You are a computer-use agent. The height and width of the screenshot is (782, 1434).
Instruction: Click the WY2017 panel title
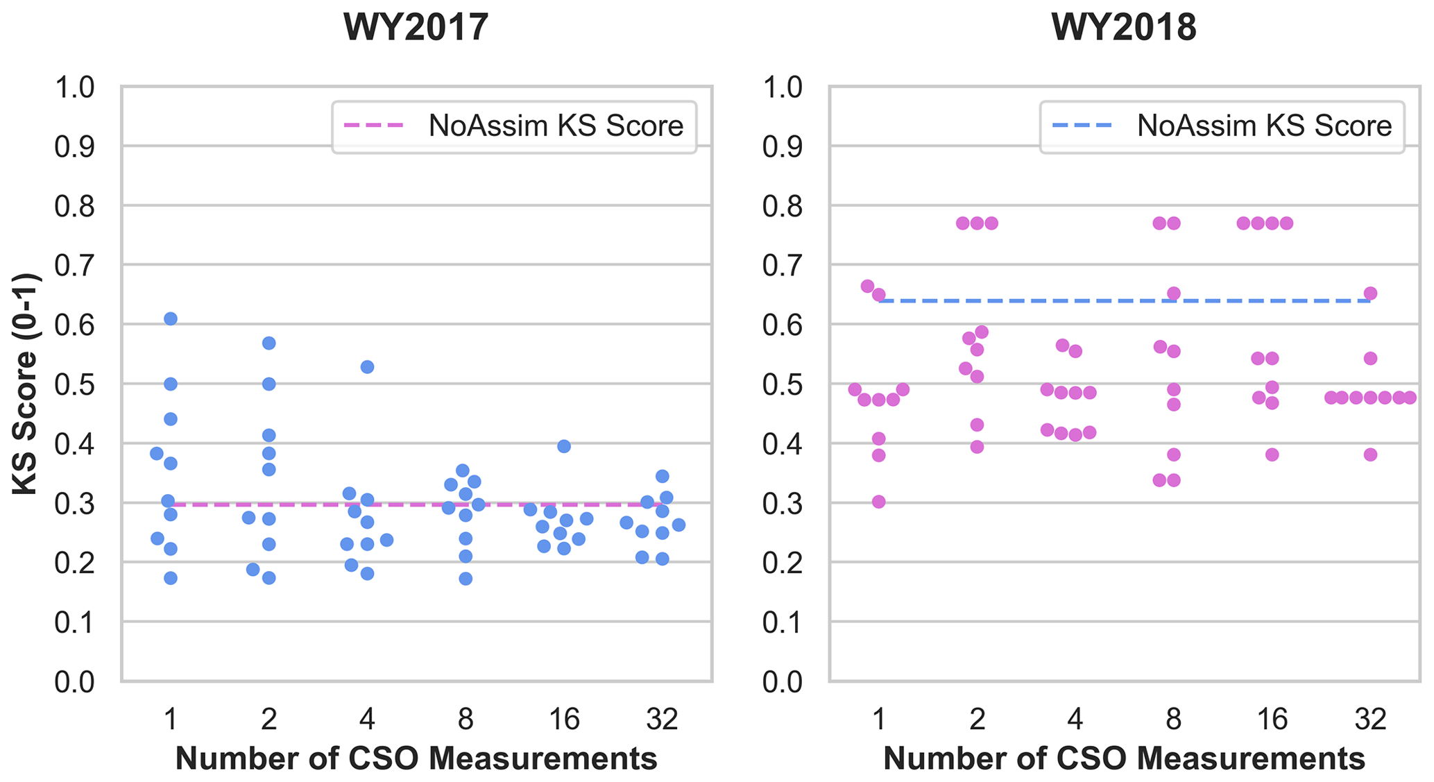[416, 28]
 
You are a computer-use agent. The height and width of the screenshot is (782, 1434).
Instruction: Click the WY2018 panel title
[1124, 28]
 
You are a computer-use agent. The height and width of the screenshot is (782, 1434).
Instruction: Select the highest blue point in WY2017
[171, 318]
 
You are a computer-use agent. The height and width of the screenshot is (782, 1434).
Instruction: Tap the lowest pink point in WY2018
[879, 502]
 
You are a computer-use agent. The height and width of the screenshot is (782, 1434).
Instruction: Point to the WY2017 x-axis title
[416, 758]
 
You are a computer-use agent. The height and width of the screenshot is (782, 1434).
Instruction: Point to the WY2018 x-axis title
[1125, 758]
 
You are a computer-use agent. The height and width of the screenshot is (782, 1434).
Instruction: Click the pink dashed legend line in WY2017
[374, 126]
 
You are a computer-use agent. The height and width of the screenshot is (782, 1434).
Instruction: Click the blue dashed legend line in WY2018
[1082, 126]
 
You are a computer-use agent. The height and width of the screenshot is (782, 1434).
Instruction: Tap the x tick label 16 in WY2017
[564, 720]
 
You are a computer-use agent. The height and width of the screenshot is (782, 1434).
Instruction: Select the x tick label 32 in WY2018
[1370, 720]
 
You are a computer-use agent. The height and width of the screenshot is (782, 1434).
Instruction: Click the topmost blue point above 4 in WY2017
[368, 366]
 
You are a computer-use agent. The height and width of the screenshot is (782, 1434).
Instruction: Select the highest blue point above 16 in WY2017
[564, 446]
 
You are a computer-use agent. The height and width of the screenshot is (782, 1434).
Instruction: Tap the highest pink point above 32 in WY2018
[1370, 294]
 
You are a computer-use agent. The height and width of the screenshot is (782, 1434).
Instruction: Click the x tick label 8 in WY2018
[1173, 720]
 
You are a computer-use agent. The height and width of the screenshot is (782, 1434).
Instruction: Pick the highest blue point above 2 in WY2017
[269, 343]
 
